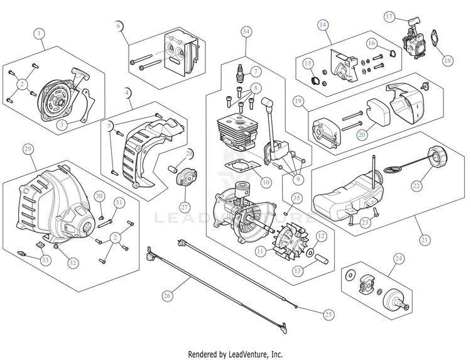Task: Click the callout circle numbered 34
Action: [246, 31]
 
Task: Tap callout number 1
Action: [40, 32]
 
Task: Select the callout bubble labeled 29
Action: [27, 149]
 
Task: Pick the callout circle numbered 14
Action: [323, 25]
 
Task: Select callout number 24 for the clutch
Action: [398, 258]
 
